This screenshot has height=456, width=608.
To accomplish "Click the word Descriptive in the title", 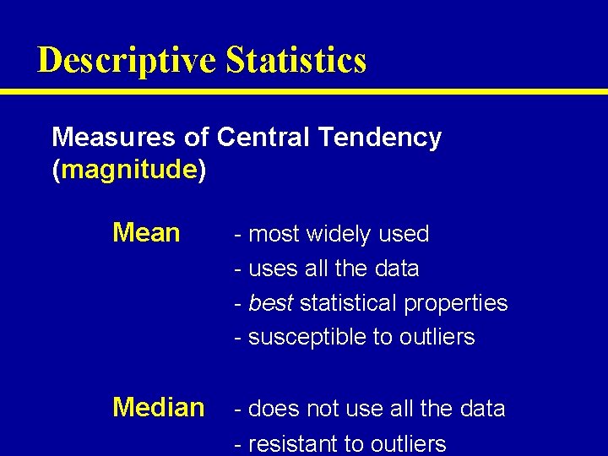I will (x=127, y=61).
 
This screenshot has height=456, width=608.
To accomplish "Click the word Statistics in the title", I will (x=296, y=61).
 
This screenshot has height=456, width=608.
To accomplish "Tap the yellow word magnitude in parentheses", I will (x=129, y=170).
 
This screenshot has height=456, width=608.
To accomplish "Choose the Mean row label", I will (x=146, y=232).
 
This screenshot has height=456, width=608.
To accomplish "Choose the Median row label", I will (x=159, y=408).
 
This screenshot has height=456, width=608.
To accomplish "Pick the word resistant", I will (x=304, y=444).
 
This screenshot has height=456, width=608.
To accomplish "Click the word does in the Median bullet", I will (x=269, y=409).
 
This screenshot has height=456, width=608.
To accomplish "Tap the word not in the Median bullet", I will (x=321, y=409).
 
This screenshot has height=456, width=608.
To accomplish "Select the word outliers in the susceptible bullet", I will (x=436, y=337).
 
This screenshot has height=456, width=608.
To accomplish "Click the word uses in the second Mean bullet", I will (x=269, y=269).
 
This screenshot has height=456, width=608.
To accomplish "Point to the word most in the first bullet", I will (x=274, y=234).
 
